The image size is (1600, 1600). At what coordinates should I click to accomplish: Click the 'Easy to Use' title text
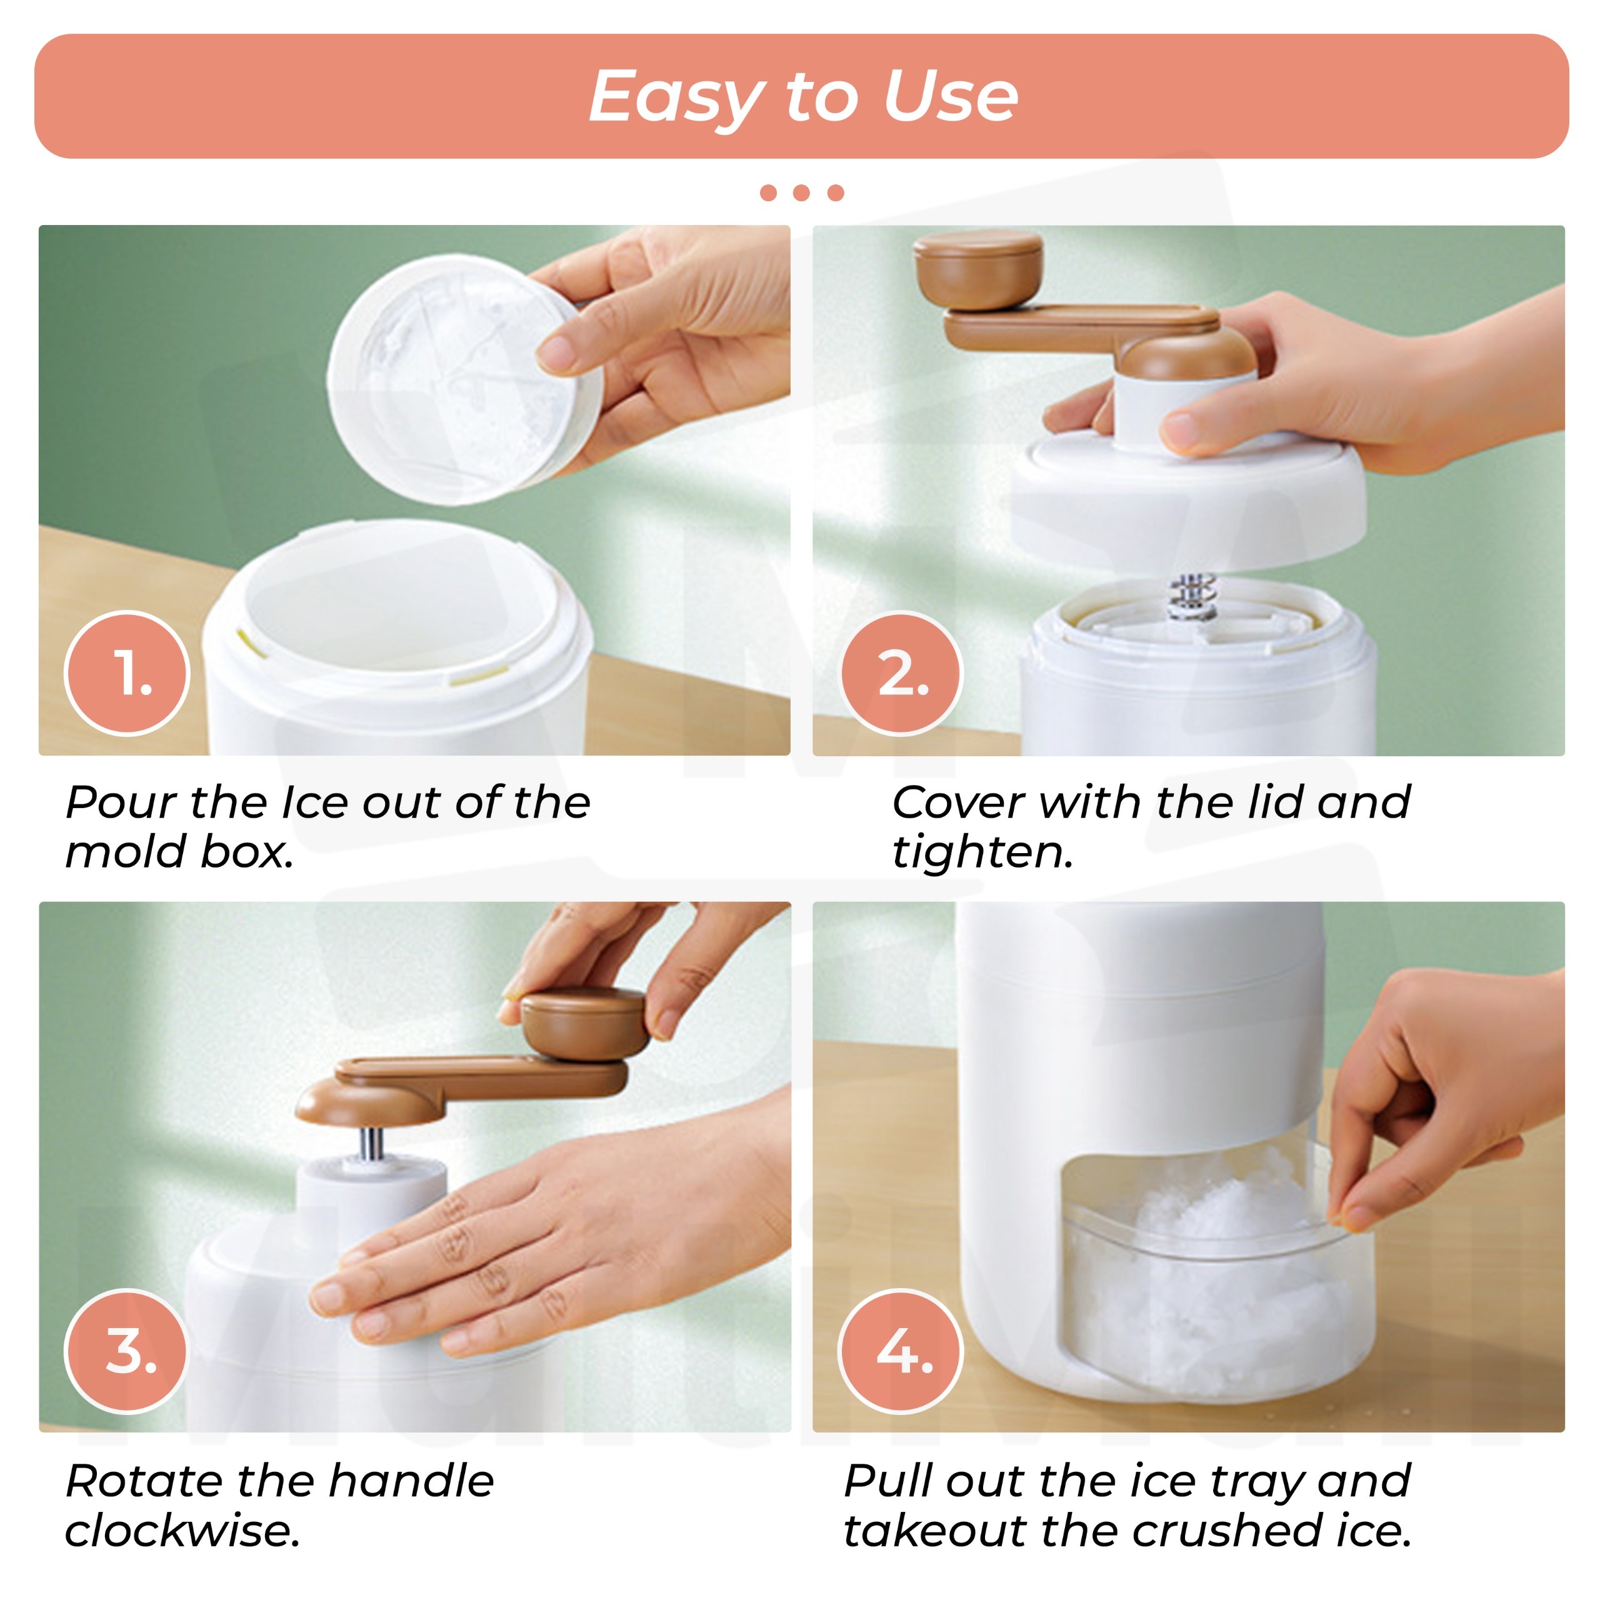[x=802, y=97]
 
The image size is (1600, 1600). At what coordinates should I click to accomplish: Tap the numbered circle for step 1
[x=127, y=673]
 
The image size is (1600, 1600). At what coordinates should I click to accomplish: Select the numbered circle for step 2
[x=901, y=673]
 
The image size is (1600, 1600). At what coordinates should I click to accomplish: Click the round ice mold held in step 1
[x=464, y=379]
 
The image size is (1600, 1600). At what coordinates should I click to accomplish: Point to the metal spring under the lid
[x=1190, y=594]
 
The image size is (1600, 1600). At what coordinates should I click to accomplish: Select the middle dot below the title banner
[x=801, y=193]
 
